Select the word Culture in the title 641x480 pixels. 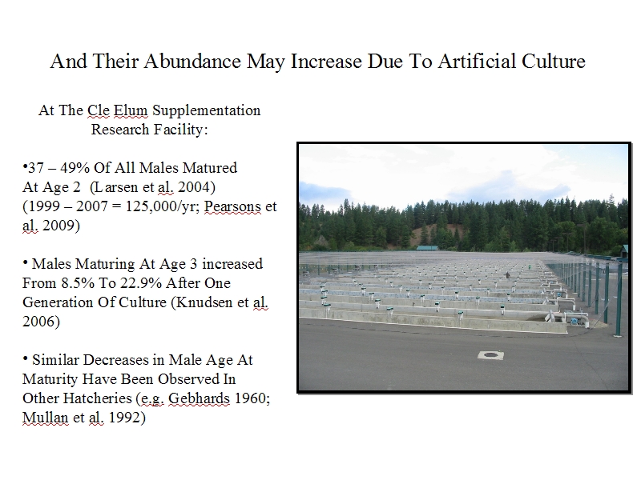tap(554, 62)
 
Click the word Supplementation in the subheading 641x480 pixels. tap(207, 111)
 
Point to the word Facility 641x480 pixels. tap(181, 130)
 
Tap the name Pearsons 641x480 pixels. tap(232, 206)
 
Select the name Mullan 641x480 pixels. tap(46, 418)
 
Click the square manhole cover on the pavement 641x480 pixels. tap(490, 355)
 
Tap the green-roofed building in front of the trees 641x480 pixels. tap(427, 248)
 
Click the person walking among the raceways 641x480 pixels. tap(508, 275)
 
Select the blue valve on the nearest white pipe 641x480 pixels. tap(575, 321)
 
